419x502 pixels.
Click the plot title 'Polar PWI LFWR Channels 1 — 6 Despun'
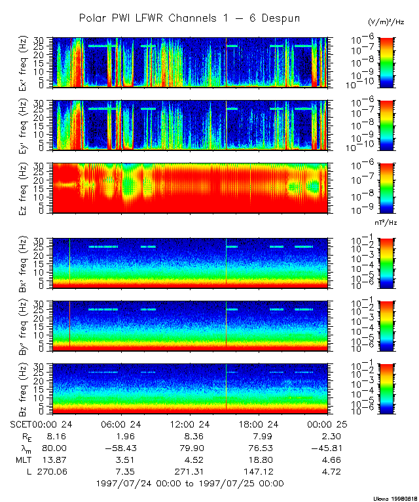pos(189,18)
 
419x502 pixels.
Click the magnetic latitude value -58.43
pos(122,448)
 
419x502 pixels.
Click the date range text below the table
pos(190,484)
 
